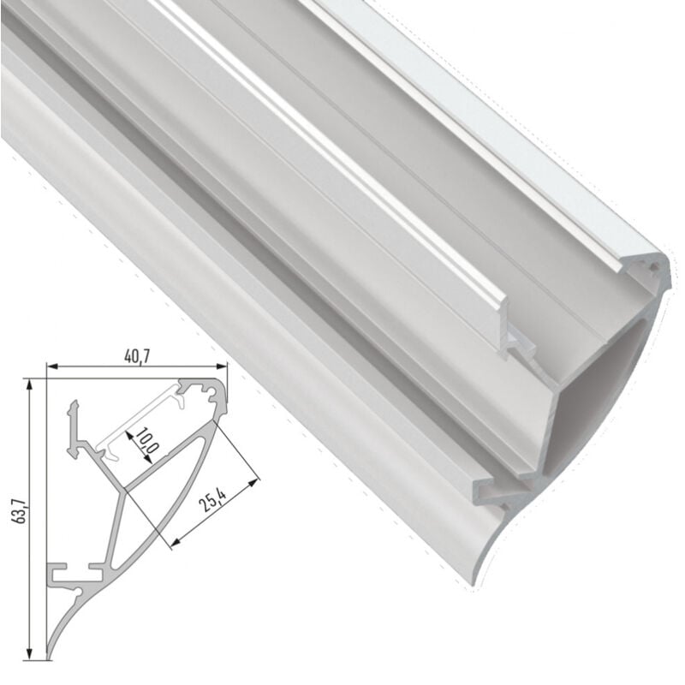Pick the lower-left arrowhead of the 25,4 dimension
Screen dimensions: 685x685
click(x=174, y=542)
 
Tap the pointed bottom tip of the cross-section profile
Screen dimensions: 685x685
click(x=48, y=658)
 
